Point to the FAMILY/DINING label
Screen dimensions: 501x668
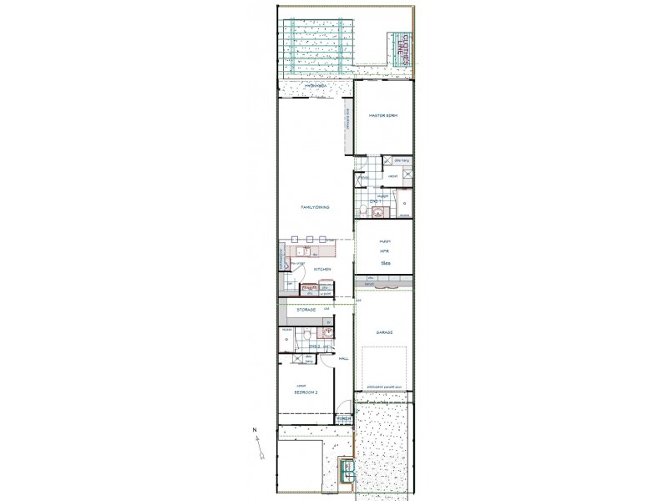315,206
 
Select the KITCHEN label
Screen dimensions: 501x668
323,270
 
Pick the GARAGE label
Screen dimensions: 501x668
384,332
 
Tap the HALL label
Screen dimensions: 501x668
343,358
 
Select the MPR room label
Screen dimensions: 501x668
386,250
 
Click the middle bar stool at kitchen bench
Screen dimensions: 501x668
309,240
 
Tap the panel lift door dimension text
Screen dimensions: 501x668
384,387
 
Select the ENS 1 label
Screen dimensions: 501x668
376,201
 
